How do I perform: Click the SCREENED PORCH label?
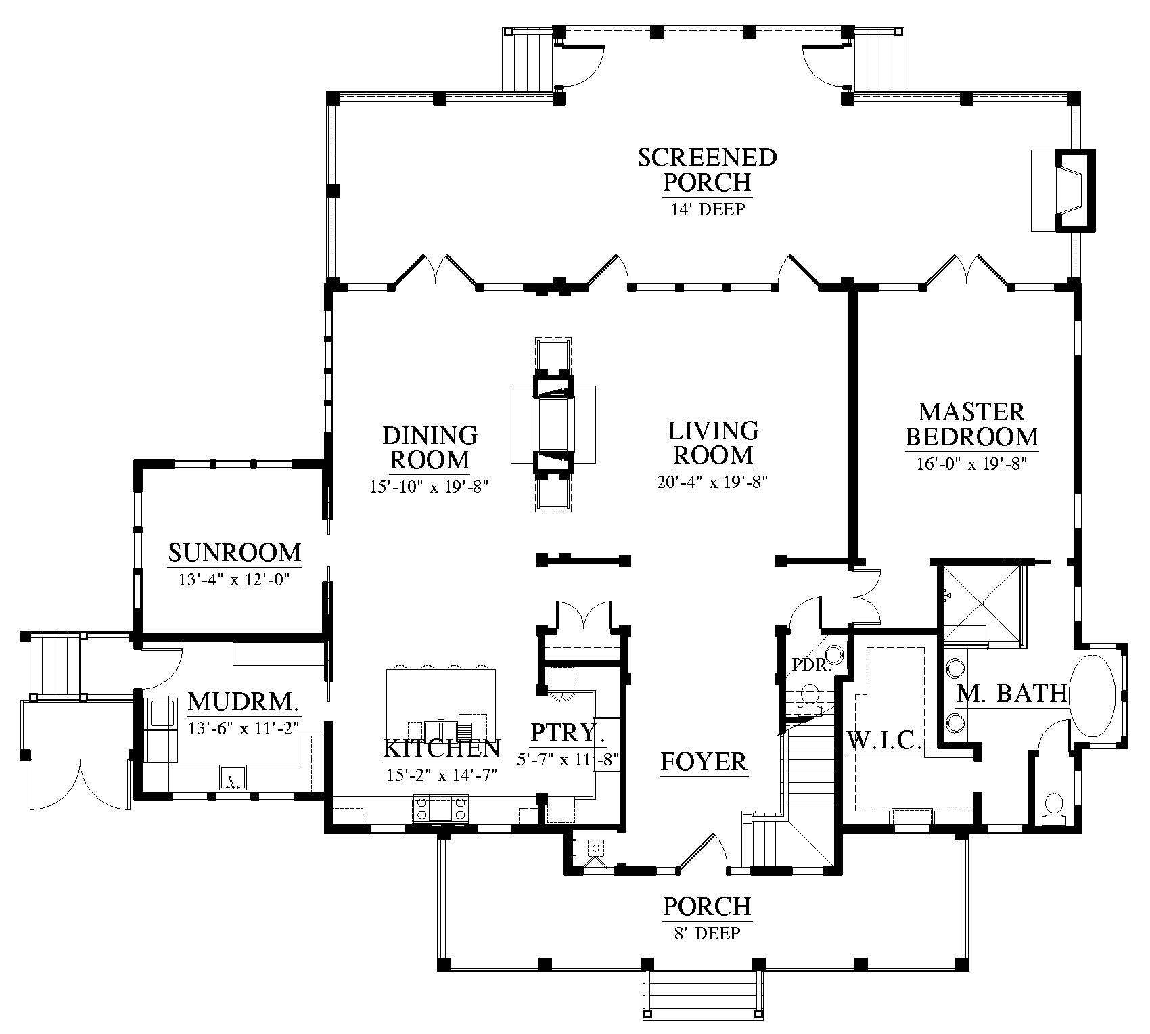coord(707,170)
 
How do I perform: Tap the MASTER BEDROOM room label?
coord(971,424)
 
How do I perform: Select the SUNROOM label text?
coord(235,553)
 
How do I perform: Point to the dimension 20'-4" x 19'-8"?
coord(712,482)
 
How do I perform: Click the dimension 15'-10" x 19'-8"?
coord(430,487)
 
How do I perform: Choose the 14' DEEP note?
coord(708,209)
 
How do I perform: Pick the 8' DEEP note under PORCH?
coord(707,934)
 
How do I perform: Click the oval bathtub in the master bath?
coord(1097,695)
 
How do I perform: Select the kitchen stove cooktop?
coord(441,808)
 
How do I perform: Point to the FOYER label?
coord(704,762)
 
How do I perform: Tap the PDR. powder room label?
coord(811,665)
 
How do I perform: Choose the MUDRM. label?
coord(243,702)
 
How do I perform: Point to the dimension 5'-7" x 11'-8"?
coord(568,759)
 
